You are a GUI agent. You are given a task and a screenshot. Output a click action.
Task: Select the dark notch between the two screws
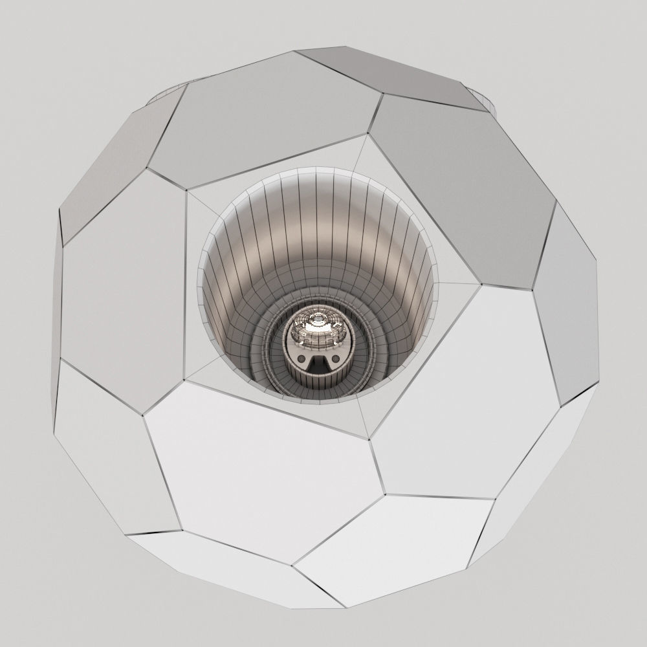[318, 366]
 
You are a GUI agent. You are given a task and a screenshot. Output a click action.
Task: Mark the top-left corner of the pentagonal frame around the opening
[188, 190]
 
